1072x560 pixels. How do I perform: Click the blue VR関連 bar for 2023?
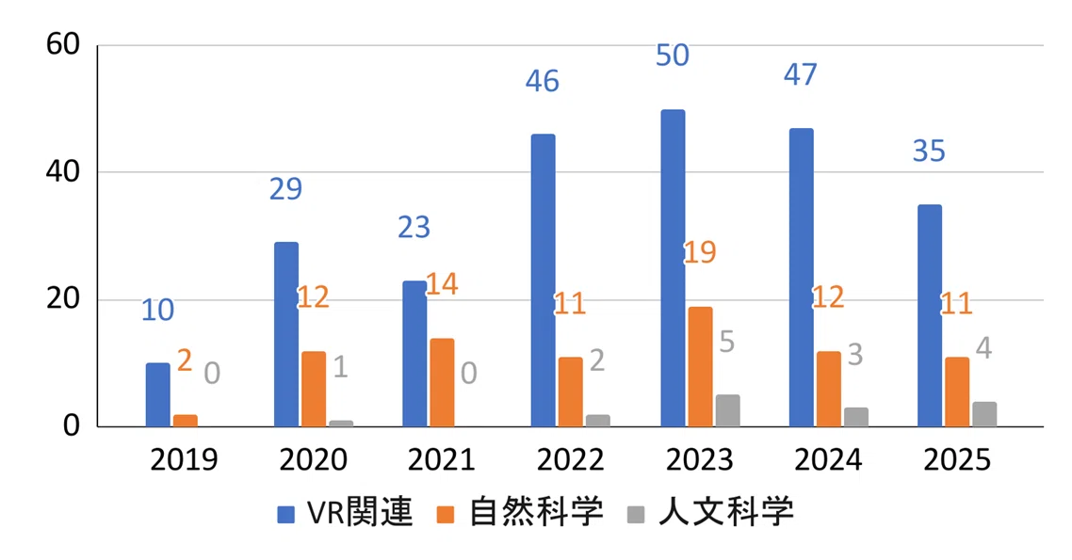(673, 268)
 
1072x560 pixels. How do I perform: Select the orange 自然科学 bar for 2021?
(442, 382)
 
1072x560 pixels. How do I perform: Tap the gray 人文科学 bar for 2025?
(983, 414)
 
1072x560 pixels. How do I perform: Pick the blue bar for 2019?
(158, 394)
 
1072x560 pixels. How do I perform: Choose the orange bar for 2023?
(700, 367)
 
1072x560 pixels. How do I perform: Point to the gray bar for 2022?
(597, 421)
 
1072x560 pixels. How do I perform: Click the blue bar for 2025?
(930, 315)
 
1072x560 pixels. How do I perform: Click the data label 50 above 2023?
(672, 56)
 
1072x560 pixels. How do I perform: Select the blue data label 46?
(543, 81)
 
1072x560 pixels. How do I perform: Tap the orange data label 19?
(700, 252)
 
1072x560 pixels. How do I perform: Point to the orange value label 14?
(442, 283)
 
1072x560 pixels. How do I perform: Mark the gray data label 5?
(726, 342)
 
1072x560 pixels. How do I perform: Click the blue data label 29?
(285, 188)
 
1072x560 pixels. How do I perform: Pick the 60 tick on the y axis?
(63, 44)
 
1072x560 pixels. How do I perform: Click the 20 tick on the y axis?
(63, 299)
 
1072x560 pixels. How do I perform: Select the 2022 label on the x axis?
(570, 459)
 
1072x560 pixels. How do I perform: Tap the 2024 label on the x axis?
(828, 459)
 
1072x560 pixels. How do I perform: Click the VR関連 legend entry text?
(360, 511)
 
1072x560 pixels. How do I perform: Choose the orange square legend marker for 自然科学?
(445, 514)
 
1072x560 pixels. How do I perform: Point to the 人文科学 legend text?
(726, 511)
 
